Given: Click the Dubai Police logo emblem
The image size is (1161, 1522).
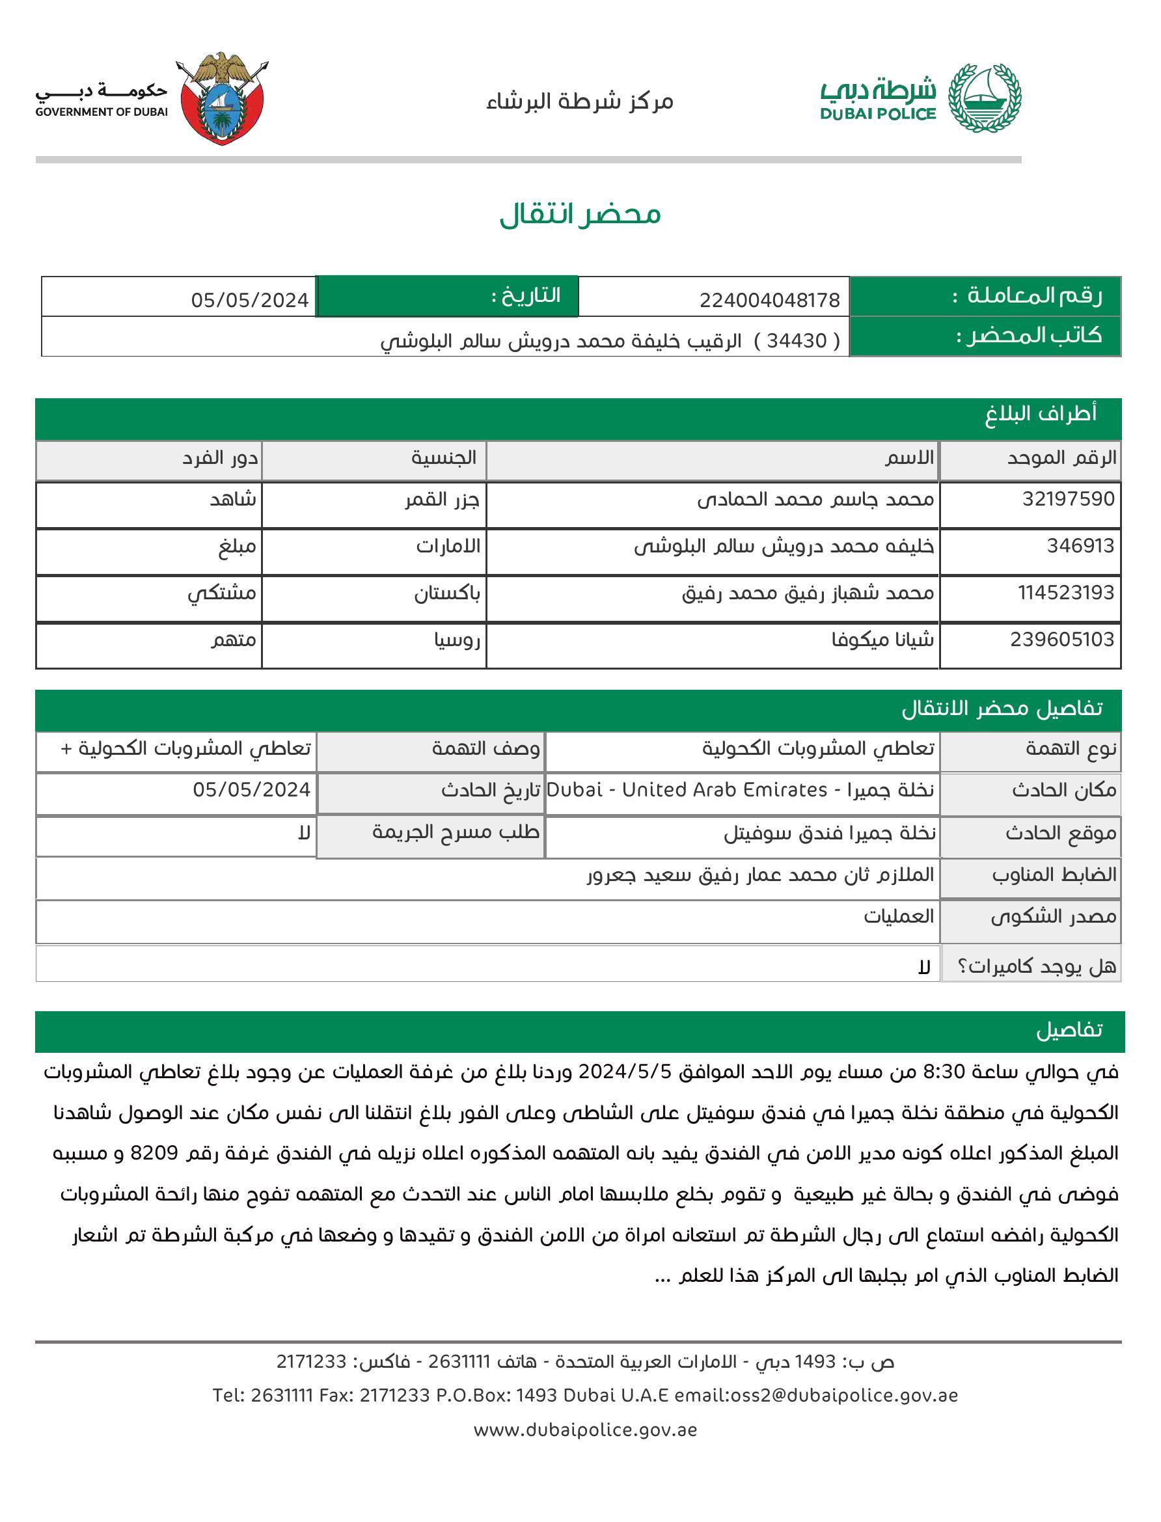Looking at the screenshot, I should click(984, 99).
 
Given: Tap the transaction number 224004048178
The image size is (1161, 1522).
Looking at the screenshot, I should click(769, 300).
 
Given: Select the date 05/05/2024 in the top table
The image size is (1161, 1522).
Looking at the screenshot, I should click(249, 300).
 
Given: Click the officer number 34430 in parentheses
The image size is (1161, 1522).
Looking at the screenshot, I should click(806, 340).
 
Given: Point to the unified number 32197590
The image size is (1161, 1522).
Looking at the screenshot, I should click(1068, 499).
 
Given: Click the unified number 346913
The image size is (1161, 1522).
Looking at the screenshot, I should click(1080, 546).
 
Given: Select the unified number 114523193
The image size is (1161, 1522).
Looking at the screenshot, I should click(1065, 593).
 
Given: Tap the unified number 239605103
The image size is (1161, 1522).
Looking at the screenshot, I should click(1062, 640).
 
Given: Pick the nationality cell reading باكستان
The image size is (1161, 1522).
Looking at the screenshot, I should click(447, 593).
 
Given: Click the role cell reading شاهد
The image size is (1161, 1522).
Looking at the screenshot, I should click(233, 500).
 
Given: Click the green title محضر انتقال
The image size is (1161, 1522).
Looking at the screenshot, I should click(580, 214).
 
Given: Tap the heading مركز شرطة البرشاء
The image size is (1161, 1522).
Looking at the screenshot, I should click(579, 102).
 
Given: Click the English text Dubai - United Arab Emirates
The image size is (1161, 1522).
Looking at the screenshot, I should click(687, 790).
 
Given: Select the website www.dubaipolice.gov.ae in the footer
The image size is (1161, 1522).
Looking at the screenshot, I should click(584, 1430).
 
